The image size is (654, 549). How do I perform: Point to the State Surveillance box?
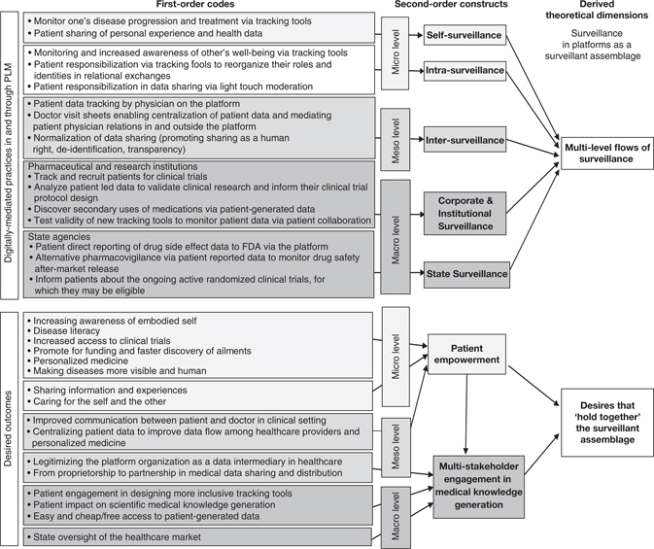pos(466,274)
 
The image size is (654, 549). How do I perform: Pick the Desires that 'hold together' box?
pos(600,424)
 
